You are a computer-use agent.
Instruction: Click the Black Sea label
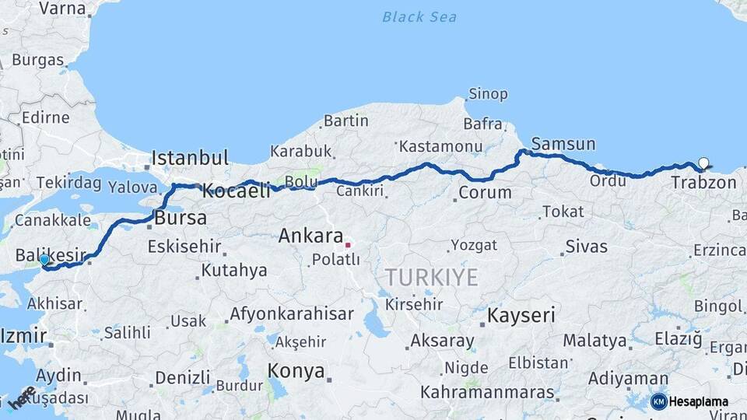click(x=419, y=16)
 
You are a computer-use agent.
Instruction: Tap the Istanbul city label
click(x=190, y=158)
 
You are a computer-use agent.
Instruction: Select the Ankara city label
click(x=310, y=236)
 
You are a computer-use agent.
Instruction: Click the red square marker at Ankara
click(x=348, y=243)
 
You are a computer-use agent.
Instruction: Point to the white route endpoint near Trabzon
click(x=703, y=163)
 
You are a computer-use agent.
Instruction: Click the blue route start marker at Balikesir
click(x=44, y=261)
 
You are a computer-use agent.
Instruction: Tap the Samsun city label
click(x=563, y=144)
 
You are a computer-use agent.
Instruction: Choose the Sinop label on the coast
click(x=487, y=94)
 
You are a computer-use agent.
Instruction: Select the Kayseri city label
click(x=521, y=315)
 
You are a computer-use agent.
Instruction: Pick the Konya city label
click(x=296, y=371)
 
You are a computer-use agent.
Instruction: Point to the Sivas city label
click(x=586, y=247)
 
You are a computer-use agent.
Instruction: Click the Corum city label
click(x=485, y=192)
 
